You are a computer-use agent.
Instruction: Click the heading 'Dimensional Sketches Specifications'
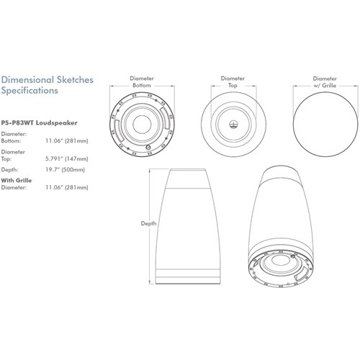click(x=47, y=86)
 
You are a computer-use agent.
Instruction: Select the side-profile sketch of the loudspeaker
click(x=187, y=230)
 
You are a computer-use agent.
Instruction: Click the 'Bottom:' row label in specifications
click(x=12, y=143)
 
